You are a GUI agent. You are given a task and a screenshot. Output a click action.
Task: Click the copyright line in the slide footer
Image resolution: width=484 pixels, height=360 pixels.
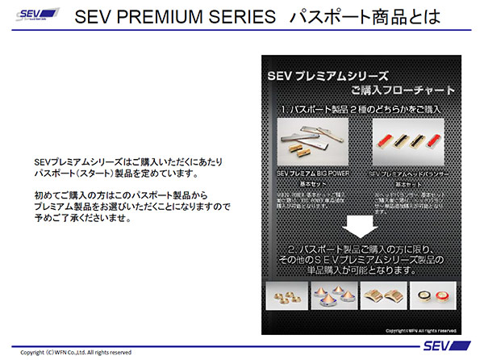tap(77, 353)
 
